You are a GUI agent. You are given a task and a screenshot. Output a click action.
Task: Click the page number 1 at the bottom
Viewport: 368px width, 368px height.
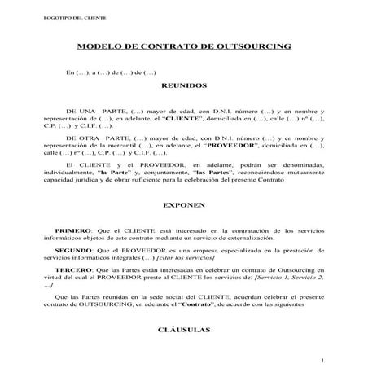click(x=322, y=360)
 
